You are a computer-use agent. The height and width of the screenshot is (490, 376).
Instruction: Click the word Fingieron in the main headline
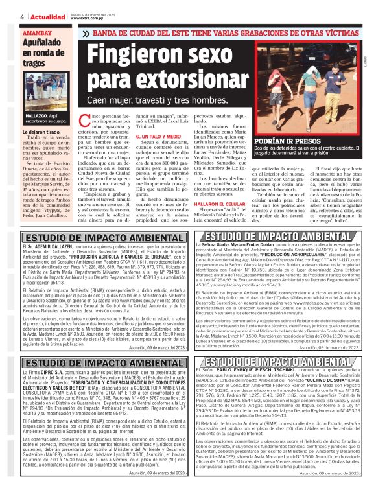click(x=132, y=67)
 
